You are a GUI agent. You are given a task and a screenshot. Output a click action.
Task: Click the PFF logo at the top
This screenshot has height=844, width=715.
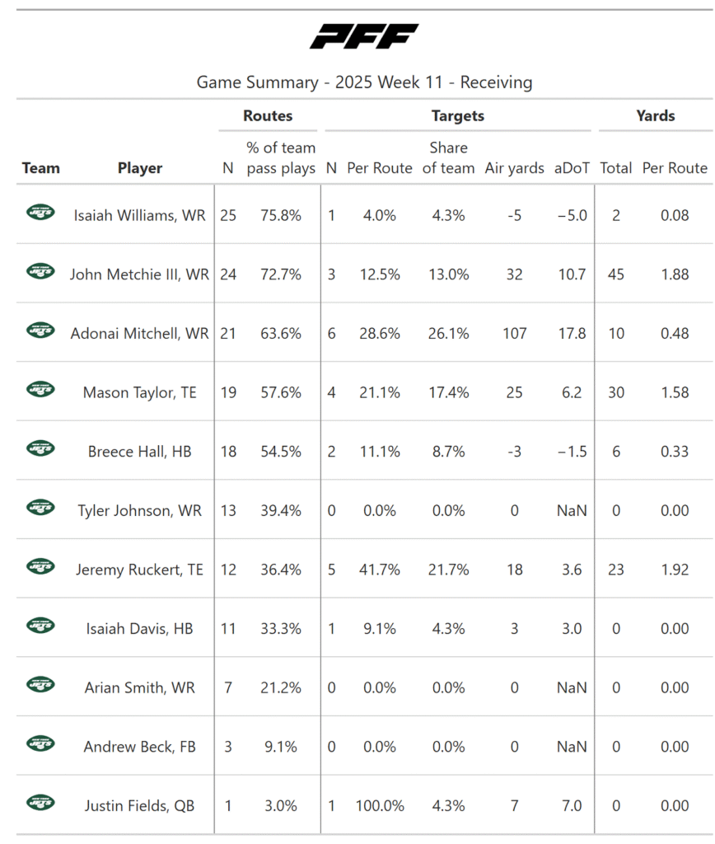pos(364,36)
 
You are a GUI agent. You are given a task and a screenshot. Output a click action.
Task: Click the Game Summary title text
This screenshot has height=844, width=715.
pos(364,82)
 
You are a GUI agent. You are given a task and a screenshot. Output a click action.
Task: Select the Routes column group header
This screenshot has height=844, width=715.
pos(268,116)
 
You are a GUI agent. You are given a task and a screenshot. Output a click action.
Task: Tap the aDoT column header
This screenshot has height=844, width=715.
pos(572,168)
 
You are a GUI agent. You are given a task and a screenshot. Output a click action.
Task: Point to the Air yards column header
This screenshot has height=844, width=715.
pos(515,168)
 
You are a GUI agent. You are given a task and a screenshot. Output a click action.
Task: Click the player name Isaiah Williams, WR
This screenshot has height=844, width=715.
pos(140,215)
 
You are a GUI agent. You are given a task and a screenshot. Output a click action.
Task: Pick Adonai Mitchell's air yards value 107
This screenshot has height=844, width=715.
pos(515,333)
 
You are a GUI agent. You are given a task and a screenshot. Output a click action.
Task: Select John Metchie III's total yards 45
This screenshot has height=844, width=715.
pos(615,274)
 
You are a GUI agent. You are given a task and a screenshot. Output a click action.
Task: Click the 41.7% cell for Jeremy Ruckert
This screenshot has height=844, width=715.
pos(380,570)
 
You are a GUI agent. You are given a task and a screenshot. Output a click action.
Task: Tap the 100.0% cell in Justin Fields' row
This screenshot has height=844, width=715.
pos(380,806)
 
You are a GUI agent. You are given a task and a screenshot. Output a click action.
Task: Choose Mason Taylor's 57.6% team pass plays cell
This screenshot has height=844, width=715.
pos(281,392)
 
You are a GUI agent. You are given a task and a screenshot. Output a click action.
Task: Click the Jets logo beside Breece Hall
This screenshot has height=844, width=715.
pos(40,449)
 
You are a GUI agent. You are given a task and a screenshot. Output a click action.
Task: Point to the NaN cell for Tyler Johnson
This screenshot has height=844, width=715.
pos(572,510)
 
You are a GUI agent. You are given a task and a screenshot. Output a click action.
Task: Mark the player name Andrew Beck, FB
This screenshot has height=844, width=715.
pos(140,747)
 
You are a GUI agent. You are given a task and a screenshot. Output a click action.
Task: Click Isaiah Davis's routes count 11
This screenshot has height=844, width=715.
pos(228,629)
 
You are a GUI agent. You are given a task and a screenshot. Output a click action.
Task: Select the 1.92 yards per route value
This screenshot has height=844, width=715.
pos(675,570)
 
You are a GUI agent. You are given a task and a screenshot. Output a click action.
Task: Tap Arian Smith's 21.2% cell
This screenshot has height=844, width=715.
pos(281,687)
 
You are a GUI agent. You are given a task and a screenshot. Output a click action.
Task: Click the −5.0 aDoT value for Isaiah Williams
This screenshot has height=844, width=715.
pos(572,215)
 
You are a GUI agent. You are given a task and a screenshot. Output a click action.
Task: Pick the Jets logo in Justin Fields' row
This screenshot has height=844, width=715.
pos(40,804)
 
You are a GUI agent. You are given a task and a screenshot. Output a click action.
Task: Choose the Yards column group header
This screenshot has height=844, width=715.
pos(656,116)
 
